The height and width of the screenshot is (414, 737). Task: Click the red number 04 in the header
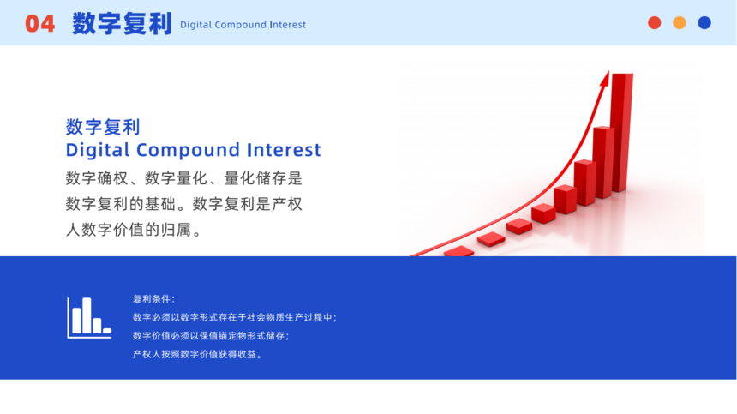point(40,24)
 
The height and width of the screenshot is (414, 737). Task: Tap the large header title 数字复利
point(122,23)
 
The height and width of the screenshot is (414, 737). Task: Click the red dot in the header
point(654,22)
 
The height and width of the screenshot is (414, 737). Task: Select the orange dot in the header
point(680,22)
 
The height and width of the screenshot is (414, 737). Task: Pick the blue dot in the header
point(704,22)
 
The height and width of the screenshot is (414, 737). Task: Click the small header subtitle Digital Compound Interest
point(243,25)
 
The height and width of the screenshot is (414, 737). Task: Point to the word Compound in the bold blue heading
point(189,150)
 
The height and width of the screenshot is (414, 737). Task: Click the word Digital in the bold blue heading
point(98,150)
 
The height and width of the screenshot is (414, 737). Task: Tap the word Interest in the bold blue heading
point(284,150)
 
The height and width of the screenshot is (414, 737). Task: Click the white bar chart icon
point(89,318)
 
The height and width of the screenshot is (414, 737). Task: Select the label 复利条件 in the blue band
point(153,299)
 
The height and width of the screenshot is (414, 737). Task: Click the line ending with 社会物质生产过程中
point(235,318)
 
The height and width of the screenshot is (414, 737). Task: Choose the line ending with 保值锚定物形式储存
point(211,336)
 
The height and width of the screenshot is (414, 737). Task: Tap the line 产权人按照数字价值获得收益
point(197,354)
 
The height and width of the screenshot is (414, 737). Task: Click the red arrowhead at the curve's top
point(605,79)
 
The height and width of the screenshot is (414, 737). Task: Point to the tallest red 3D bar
point(621,133)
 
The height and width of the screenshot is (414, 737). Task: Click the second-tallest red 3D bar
point(603,162)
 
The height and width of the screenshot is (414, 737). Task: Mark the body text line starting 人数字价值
point(134,231)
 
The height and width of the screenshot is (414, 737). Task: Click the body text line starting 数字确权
point(183,178)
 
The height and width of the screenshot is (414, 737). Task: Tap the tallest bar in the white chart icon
point(87,315)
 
